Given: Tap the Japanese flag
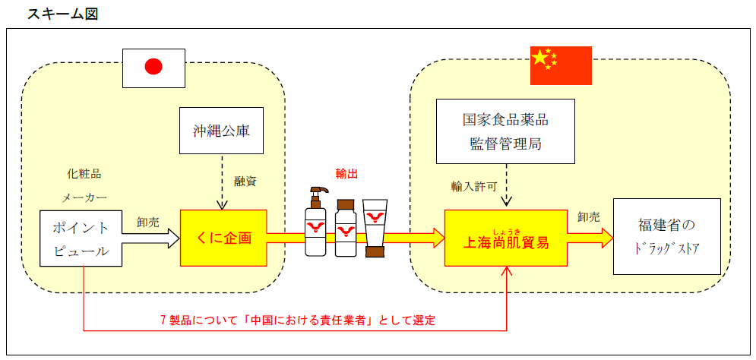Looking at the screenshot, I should tap(153, 67).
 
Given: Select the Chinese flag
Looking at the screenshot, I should tap(560, 65).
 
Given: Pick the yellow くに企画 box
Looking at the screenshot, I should tap(223, 238).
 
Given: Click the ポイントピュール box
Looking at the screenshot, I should tap(81, 238).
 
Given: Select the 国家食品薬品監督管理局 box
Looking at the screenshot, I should tap(505, 131).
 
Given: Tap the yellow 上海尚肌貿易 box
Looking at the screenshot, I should tap(506, 238).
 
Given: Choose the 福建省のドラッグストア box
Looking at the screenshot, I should tap(667, 236).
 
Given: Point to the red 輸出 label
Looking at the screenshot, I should tap(346, 173).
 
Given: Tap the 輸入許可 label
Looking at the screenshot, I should tap(474, 185).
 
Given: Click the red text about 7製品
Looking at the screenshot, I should tap(297, 320).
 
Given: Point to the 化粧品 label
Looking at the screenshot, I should tap(84, 173).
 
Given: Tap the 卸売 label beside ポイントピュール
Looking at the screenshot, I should tap(148, 222).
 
